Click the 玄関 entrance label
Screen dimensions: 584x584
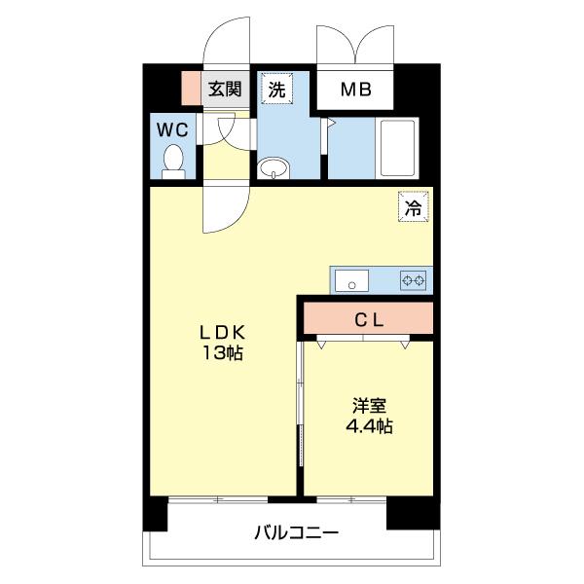(x=225, y=90)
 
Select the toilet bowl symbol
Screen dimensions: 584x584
(x=173, y=162)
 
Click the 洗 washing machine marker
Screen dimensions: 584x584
(x=277, y=90)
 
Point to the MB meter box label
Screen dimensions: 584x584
(x=355, y=91)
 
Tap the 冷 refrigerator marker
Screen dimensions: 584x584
(x=414, y=207)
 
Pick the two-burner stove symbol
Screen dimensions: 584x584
(x=414, y=281)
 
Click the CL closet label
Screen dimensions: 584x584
(x=368, y=317)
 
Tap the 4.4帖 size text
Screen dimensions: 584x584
(x=368, y=425)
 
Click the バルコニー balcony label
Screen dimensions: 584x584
(x=296, y=533)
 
